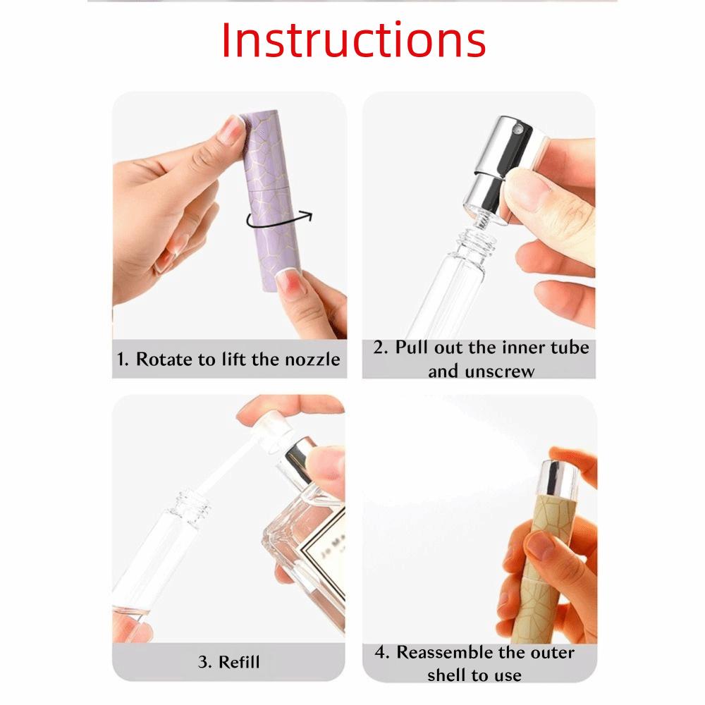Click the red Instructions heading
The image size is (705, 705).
pos(353,40)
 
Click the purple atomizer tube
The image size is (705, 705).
pos(271,200)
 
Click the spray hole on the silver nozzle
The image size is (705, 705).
pos(517,131)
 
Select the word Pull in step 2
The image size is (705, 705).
pos(412,348)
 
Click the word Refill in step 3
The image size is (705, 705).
pos(239,661)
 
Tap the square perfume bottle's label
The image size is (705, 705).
pos(323,558)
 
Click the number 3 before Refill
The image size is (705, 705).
pos(203,662)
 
